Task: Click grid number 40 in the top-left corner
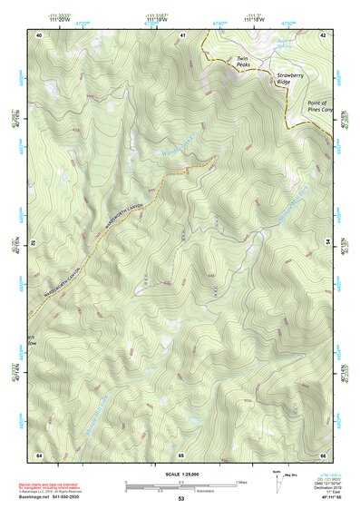(39, 34)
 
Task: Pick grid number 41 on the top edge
(182, 34)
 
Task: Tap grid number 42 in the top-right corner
(322, 34)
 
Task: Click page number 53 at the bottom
(180, 499)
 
